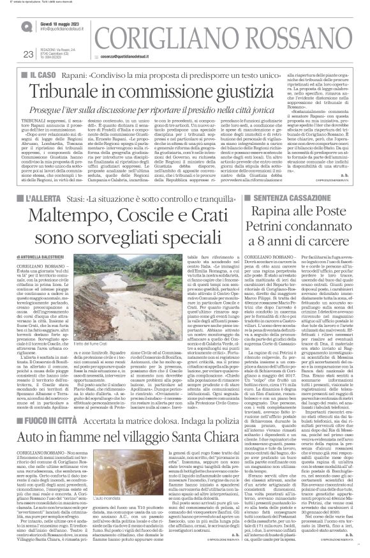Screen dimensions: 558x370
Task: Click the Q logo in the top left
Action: coord(24,25)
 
